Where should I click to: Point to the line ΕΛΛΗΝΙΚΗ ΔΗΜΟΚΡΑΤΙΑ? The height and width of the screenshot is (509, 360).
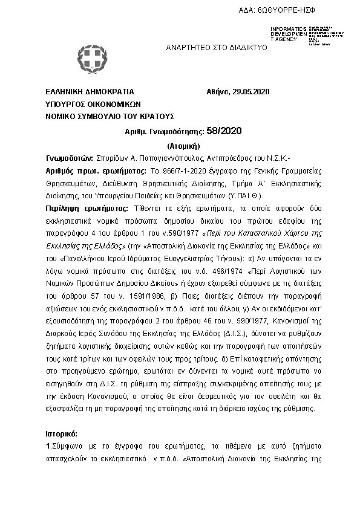coord(90,92)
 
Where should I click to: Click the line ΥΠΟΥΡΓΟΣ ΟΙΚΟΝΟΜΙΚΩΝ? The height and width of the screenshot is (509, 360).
coord(93,103)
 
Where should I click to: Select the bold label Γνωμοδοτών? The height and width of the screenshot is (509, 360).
coord(70,158)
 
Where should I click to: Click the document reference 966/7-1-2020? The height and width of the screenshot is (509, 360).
coord(180,171)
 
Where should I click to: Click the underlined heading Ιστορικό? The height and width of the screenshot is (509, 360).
coord(62,433)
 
